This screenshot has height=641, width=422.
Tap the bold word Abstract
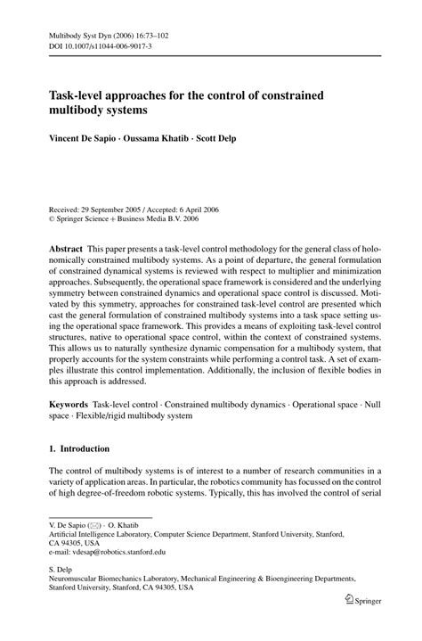coord(67,244)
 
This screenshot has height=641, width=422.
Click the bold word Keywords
coord(70,404)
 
